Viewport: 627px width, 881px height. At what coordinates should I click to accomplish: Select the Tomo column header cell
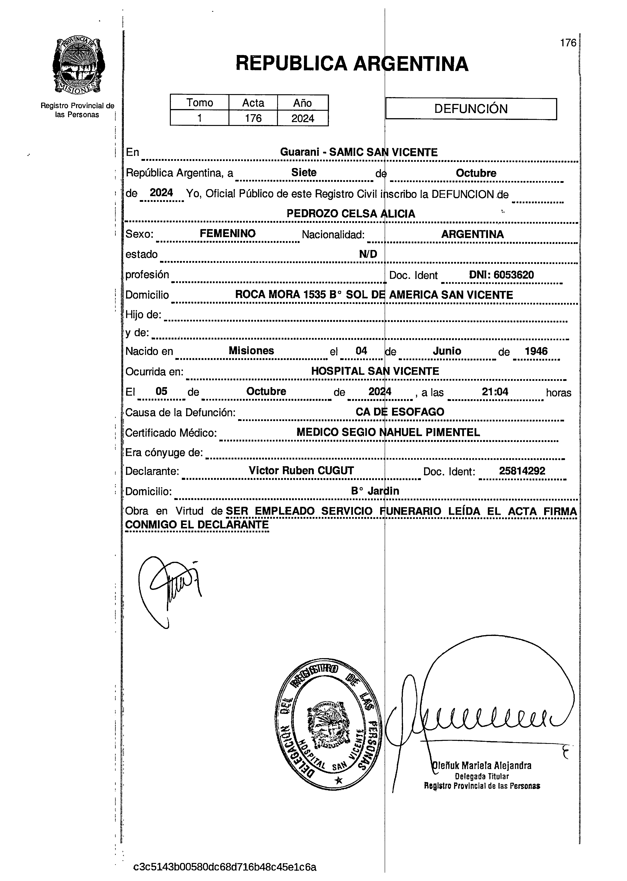coord(200,103)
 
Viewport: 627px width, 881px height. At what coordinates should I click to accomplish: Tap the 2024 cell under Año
coord(303,118)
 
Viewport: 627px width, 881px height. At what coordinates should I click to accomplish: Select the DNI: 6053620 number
coord(501,275)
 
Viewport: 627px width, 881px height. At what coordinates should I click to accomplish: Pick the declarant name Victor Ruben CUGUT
coord(301,470)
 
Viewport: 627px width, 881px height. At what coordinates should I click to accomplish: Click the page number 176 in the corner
coord(568,43)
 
